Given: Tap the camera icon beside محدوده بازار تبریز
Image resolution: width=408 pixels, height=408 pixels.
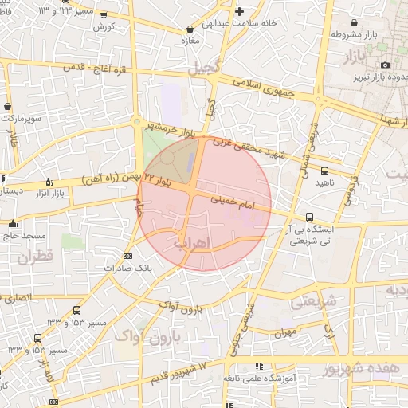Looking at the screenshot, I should tap(386, 65).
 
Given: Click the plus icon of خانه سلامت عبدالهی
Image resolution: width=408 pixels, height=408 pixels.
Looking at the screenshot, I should tap(240, 11).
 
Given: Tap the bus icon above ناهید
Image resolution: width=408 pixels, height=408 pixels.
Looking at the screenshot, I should tap(324, 170).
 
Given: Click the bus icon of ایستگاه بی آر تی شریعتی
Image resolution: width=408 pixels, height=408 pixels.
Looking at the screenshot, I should tap(309, 217).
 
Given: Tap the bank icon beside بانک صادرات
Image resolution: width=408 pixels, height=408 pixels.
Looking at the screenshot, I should tap(128, 256).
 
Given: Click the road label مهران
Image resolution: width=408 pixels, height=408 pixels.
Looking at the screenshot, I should tap(288, 332).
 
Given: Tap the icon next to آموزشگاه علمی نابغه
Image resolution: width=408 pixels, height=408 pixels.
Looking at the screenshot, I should tap(258, 366).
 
